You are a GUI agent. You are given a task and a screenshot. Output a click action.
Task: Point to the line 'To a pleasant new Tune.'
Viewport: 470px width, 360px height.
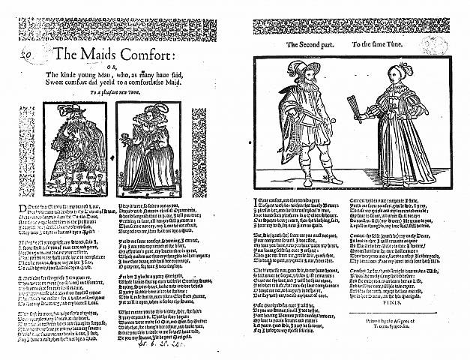click(119, 91)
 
